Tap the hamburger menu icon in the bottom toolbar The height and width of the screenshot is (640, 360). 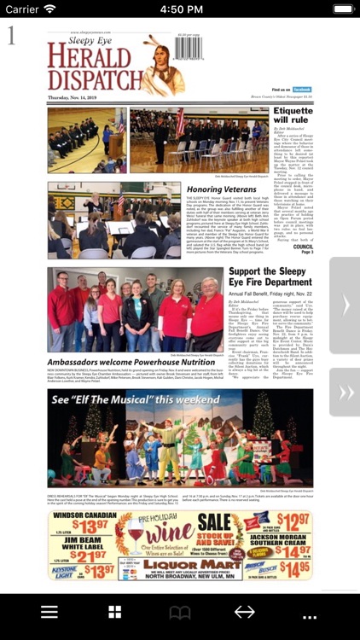[49, 612]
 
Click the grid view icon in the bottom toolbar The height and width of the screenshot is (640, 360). [114, 612]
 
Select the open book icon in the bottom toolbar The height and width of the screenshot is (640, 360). [180, 612]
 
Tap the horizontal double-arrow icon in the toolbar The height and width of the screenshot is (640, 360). [245, 612]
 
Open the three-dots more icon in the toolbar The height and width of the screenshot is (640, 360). [309, 614]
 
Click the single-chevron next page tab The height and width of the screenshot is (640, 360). [345, 305]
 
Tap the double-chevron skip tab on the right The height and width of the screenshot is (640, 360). [345, 393]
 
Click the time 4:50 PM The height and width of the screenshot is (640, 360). [180, 9]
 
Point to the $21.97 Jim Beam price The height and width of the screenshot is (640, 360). [84, 556]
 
